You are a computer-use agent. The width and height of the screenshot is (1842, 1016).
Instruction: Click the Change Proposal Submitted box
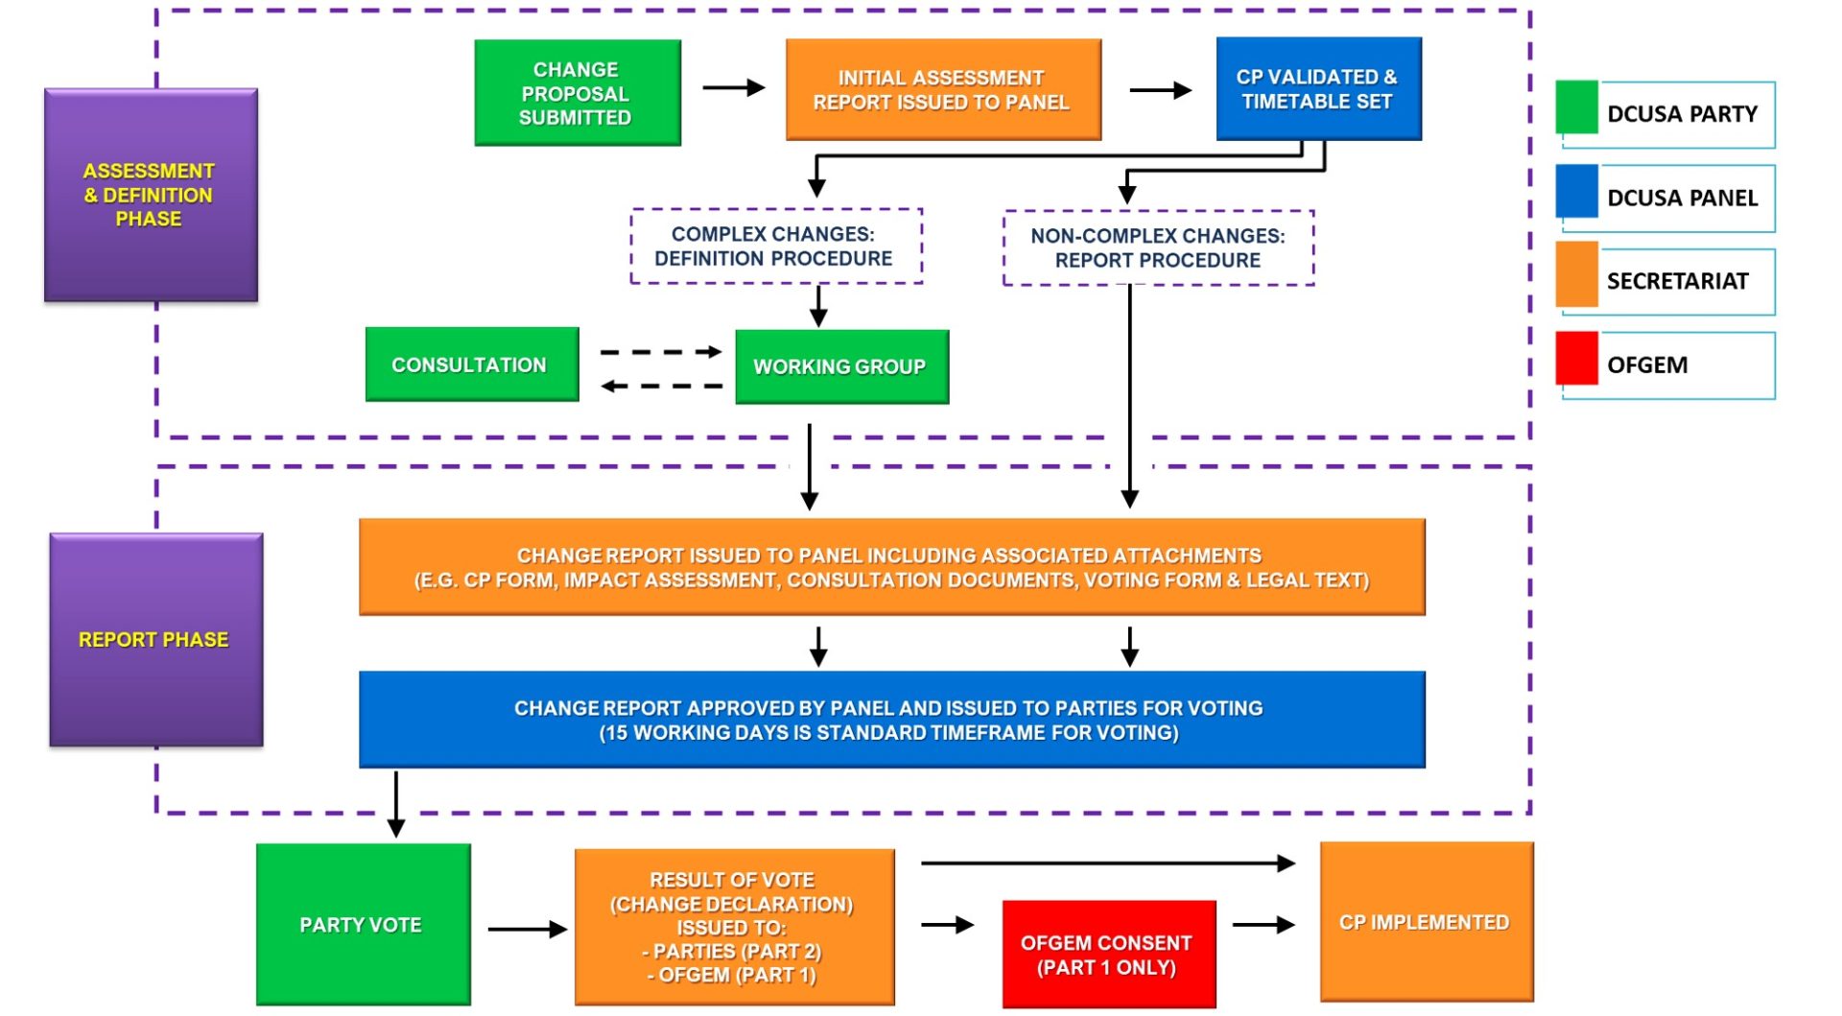pos(577,93)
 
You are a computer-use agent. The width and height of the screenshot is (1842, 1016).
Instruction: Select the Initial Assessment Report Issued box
pos(942,90)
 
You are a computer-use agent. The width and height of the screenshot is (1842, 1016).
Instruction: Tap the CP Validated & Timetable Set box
pos(1317,89)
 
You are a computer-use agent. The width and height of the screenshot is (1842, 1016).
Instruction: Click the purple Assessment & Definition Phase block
pos(151,195)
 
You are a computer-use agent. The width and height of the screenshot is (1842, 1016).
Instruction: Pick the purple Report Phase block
pos(155,640)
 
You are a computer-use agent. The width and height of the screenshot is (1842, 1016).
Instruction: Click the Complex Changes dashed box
pos(775,247)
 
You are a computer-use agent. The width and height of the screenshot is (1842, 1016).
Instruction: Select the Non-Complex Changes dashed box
pos(1157,248)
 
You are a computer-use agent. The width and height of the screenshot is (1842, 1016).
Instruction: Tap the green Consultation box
pos(471,365)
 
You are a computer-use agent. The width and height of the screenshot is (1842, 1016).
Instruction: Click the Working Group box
pos(840,366)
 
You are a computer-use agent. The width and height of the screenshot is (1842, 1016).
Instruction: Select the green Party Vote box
pos(363,925)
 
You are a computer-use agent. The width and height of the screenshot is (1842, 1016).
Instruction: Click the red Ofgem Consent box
pos(1108,955)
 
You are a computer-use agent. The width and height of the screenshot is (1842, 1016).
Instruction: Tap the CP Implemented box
pos(1426,922)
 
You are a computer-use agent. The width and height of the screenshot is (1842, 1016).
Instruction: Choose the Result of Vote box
pos(734,927)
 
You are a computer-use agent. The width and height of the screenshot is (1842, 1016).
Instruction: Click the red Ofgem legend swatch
pos(1576,358)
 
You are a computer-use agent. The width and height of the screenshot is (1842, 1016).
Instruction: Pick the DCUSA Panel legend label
pos(1682,198)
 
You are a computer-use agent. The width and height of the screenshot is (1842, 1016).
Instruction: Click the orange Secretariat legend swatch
pos(1576,274)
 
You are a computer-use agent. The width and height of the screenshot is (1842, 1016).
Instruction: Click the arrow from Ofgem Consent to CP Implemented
pos(1263,925)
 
